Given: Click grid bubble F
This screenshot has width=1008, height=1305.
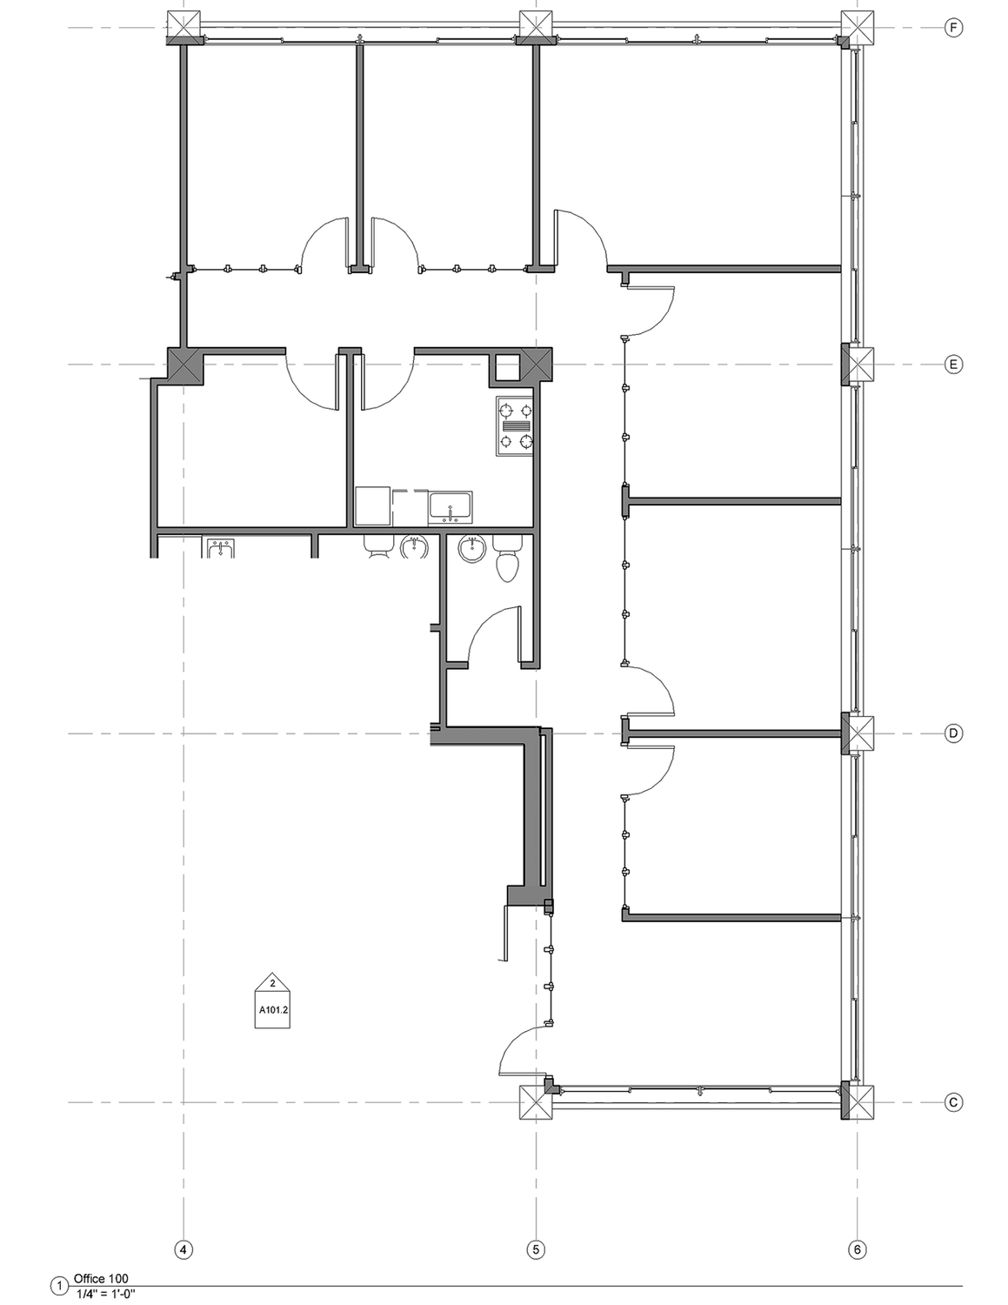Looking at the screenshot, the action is (953, 28).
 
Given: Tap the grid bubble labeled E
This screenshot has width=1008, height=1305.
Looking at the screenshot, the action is (953, 365).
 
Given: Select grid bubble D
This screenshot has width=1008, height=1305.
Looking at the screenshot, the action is (953, 733).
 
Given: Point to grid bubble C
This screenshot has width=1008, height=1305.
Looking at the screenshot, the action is (953, 1102).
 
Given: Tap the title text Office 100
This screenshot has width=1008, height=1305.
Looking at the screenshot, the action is (101, 1279).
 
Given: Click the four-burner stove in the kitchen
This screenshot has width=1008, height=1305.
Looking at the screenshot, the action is (515, 426).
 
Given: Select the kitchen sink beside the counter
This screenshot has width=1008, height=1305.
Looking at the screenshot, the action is (451, 507).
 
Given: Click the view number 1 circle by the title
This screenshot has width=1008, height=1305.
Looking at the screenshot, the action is (59, 1287).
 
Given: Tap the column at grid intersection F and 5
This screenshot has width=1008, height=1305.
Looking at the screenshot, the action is (536, 28).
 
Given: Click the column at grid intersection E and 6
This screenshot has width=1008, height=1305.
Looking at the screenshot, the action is (857, 365).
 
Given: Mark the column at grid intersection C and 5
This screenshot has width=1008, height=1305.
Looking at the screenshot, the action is (536, 1102).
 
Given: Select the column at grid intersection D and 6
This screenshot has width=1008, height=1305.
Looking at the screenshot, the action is (857, 733).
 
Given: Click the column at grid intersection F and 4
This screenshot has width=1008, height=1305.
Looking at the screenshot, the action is (184, 28).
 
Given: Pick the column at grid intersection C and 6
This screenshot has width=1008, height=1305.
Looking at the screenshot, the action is (857, 1102).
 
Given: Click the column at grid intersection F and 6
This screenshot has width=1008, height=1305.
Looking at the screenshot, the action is (857, 28).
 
